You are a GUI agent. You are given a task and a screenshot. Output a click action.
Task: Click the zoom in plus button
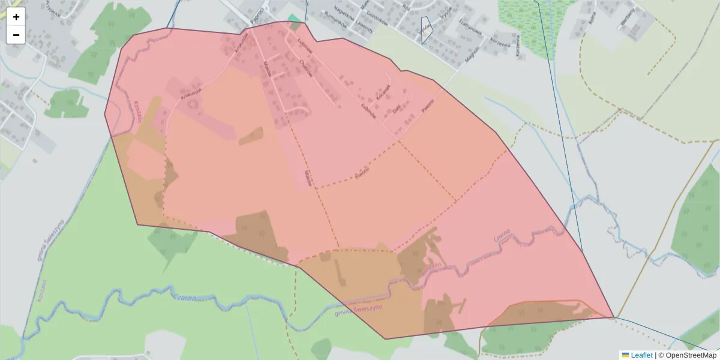click(16, 17)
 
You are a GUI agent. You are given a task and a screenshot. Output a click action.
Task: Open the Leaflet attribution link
click(641, 355)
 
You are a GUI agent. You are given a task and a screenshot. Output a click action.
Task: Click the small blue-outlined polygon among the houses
click(426, 29)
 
